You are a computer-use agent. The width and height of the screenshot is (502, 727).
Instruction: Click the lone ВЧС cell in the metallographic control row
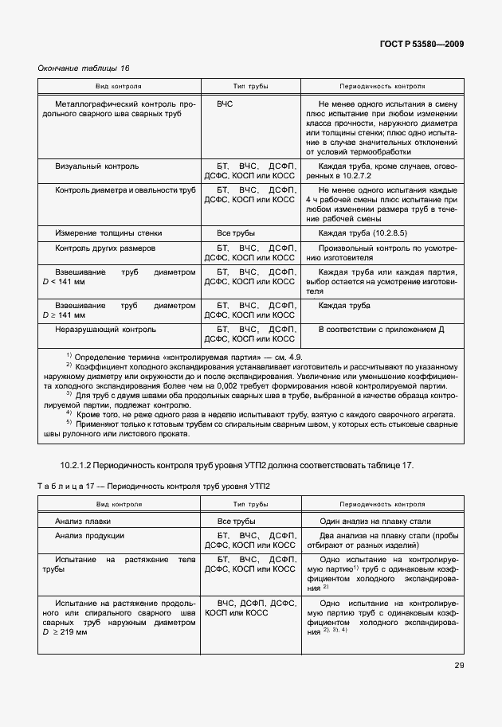pyautogui.click(x=225, y=104)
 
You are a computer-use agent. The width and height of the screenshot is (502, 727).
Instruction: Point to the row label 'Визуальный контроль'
pyautogui.click(x=96, y=166)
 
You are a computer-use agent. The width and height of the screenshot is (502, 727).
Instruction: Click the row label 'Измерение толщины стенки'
pyautogui.click(x=108, y=233)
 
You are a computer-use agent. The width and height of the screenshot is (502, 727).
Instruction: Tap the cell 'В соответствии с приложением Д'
pyautogui.click(x=381, y=329)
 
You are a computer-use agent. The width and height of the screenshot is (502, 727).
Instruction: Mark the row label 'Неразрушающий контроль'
pyautogui.click(x=105, y=329)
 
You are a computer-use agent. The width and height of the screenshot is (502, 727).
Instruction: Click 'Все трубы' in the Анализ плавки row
pyautogui.click(x=235, y=521)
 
